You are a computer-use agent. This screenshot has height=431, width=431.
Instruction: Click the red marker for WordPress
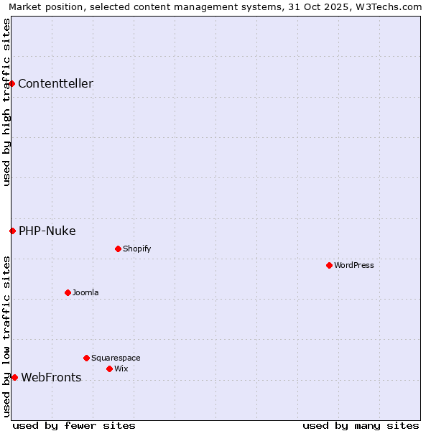[x=329, y=265]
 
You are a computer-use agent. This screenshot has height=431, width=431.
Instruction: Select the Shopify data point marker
[x=118, y=249]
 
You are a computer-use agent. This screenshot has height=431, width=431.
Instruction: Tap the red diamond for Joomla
[x=68, y=292]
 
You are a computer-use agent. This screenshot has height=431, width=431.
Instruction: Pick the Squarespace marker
[x=86, y=358]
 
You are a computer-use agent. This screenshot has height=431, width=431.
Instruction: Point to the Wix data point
[x=109, y=369]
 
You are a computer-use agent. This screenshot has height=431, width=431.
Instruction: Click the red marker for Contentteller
[x=11, y=83]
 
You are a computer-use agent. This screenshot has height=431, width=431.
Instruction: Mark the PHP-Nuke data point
[x=12, y=231]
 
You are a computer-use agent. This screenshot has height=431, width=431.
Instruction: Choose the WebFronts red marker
[x=14, y=377]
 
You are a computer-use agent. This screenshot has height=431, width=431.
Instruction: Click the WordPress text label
[x=354, y=265]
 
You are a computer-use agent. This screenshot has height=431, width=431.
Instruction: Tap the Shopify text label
[x=137, y=249]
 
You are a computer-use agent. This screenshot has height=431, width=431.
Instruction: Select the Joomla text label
[x=85, y=292]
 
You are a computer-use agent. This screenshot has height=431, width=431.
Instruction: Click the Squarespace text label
[x=116, y=358]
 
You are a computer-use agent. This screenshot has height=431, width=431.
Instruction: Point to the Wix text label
[x=121, y=369]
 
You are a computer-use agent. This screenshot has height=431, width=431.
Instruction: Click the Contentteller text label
[x=55, y=83]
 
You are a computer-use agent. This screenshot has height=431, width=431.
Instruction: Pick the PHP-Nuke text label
[x=47, y=231]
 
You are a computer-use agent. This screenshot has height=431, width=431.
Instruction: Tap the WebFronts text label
[x=51, y=377]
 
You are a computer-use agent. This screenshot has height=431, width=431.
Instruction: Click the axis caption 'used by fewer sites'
[x=74, y=425]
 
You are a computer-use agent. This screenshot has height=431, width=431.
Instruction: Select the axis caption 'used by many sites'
[x=361, y=425]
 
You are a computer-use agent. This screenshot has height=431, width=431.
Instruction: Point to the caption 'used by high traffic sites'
[x=6, y=102]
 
